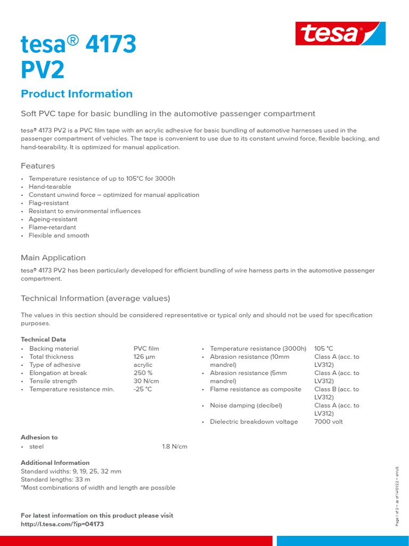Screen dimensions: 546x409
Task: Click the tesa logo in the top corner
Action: [x=340, y=34]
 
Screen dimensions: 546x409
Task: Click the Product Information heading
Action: [x=77, y=94]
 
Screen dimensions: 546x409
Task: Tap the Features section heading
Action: [x=38, y=166]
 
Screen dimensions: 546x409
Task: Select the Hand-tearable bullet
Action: [x=50, y=187]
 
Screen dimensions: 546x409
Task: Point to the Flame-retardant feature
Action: [x=52, y=227]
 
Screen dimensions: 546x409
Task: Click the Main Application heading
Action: [x=53, y=258]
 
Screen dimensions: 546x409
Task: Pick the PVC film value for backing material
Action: [x=146, y=349]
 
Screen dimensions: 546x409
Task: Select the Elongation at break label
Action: [x=58, y=373]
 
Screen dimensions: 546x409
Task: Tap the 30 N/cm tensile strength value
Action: [x=146, y=381]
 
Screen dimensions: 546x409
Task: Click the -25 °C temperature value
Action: [x=143, y=389]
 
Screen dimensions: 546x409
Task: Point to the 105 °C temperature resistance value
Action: [x=324, y=349]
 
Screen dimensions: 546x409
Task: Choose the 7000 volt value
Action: [x=329, y=422]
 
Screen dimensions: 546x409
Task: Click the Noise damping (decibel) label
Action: [x=246, y=406]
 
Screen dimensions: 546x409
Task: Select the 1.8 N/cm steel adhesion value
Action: [x=175, y=446]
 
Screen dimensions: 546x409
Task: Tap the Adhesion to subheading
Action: [x=39, y=437]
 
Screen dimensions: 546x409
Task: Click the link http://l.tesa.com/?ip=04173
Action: [x=62, y=524]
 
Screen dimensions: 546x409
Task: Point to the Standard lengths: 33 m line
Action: [x=55, y=479]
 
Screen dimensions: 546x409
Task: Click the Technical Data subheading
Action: [x=44, y=339]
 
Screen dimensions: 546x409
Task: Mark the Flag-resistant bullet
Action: [x=48, y=203]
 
